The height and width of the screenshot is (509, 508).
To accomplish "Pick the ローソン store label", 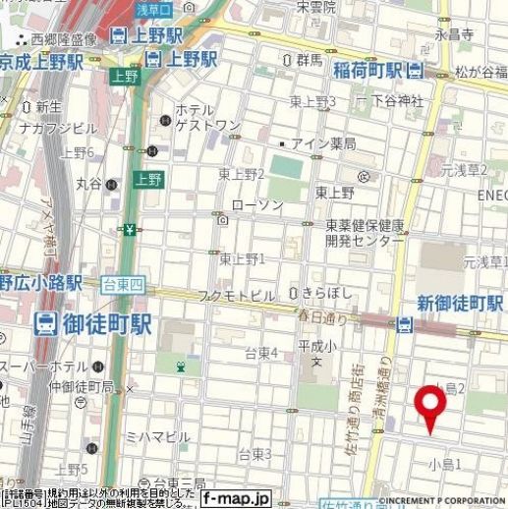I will tap(256, 204).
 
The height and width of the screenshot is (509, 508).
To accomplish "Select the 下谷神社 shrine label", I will tap(396, 101).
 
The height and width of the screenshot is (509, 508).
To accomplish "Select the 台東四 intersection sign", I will tap(123, 285).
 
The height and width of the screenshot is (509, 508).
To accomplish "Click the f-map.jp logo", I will tap(236, 498).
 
